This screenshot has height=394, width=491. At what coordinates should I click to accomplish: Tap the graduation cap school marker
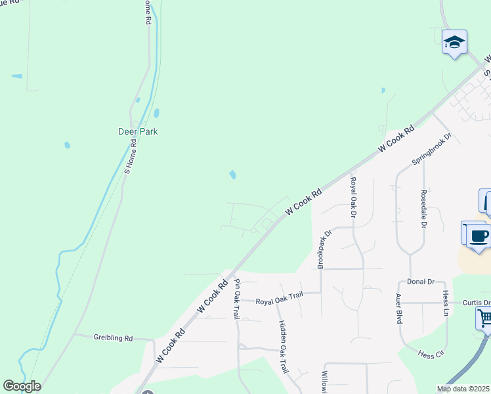(454, 43)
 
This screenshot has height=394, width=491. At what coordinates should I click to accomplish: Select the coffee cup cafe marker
(479, 236)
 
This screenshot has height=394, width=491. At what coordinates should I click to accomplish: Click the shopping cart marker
(484, 319)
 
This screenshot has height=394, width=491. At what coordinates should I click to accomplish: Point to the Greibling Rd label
(113, 338)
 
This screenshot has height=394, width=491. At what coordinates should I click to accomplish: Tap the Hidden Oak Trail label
(284, 347)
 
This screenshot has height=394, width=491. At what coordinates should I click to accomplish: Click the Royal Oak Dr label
(353, 198)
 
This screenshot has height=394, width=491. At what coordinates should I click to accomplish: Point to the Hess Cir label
(431, 353)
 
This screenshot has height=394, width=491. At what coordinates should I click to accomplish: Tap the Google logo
(22, 386)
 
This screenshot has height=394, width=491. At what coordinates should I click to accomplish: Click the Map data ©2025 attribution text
(463, 389)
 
